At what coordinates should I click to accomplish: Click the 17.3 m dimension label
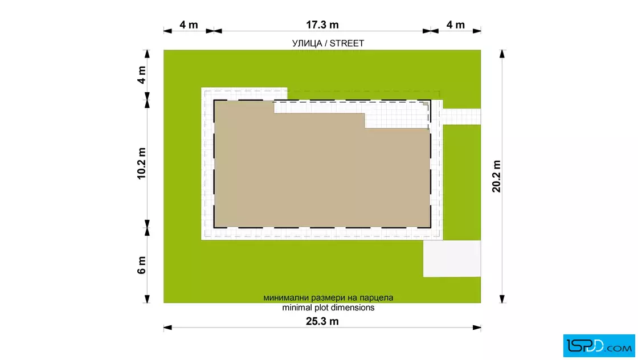(x=322, y=25)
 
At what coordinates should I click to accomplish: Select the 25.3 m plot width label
(x=322, y=321)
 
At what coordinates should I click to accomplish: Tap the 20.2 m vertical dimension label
(x=496, y=176)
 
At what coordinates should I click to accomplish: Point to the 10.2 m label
(x=141, y=163)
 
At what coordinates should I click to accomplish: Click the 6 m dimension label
(x=141, y=265)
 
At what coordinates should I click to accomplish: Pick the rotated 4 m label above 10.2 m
(x=141, y=75)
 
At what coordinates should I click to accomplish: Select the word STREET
(x=347, y=43)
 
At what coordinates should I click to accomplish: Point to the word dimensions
(x=353, y=308)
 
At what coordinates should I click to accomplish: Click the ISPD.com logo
(x=599, y=346)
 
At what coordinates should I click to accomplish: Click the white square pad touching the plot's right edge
(x=452, y=259)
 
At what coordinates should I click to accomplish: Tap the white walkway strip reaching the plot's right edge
(x=462, y=117)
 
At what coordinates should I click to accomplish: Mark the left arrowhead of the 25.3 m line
(x=167, y=328)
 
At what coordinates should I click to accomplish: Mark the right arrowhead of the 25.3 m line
(x=477, y=328)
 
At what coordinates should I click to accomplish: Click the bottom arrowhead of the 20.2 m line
(x=502, y=299)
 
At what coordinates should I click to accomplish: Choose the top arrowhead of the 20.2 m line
(x=502, y=54)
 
